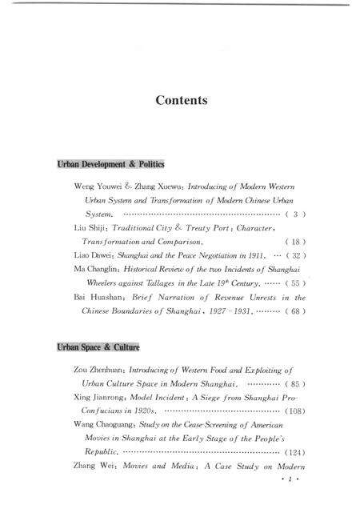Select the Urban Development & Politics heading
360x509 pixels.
coord(110,164)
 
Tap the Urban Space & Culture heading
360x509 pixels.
coord(98,348)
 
